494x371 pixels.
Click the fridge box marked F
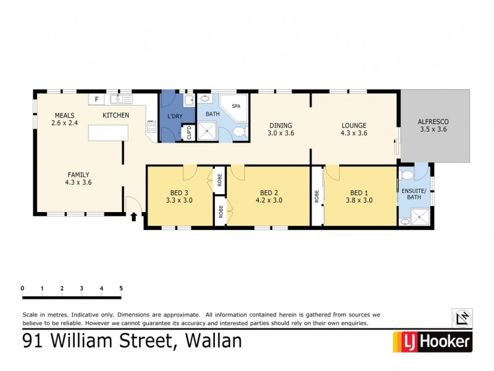pos(96,98)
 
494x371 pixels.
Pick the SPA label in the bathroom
pos(236,106)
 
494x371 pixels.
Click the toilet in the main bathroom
pos(242,132)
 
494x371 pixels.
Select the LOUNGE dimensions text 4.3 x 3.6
pos(354,133)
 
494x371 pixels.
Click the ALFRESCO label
pos(433,122)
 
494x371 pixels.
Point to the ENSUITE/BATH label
pos(414,195)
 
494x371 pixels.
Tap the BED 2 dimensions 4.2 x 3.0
pos(269,200)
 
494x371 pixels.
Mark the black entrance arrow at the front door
pos(133,216)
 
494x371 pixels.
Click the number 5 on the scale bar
pos(121,288)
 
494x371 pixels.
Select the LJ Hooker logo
pos(432,341)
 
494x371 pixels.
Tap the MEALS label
pos(65,115)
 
